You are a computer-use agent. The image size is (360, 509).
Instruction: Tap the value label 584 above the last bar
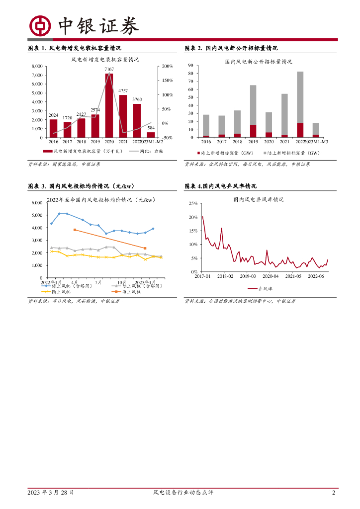pos(151,128)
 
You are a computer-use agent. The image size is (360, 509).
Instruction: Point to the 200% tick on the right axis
pos(167,66)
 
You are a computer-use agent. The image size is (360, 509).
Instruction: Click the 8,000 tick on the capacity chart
pos(36,66)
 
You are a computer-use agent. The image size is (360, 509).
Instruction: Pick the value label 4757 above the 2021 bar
pos(123,90)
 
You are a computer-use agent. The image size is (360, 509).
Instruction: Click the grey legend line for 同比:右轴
pos(134,151)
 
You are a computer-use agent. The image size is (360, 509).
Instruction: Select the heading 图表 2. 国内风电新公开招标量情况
pos(231,48)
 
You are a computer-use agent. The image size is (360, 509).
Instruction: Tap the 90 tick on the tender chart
pos(190,66)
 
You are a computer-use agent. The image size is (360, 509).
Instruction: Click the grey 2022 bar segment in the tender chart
pos(300,97)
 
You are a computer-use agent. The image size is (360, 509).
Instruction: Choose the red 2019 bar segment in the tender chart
pos(253,131)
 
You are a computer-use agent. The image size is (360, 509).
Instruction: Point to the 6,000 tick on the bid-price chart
pos(36,203)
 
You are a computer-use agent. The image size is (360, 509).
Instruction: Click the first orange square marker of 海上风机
pos(75,230)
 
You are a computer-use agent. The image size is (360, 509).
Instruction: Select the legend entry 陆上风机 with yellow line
pos(62,292)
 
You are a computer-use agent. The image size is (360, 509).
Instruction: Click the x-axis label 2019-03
pos(248,276)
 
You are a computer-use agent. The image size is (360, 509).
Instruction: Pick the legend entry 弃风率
pos(258,288)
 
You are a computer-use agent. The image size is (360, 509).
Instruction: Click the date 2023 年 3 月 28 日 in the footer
pos(51,493)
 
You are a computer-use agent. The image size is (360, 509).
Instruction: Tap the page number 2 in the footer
pos(334,493)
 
